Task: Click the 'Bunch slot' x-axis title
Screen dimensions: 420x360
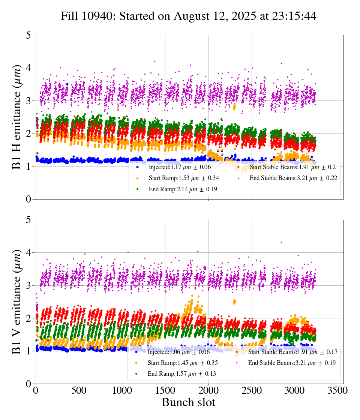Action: tap(189, 402)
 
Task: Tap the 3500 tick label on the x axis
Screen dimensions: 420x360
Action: tap(338, 390)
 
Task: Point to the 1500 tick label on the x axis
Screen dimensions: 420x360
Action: tap(165, 390)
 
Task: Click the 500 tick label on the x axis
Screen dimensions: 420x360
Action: tap(79, 390)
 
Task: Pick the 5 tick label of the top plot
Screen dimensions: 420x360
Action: tap(28, 35)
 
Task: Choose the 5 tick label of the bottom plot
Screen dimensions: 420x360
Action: tap(28, 220)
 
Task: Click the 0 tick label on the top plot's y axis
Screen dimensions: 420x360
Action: tap(28, 199)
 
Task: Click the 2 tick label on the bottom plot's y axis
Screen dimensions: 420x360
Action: tap(28, 318)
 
